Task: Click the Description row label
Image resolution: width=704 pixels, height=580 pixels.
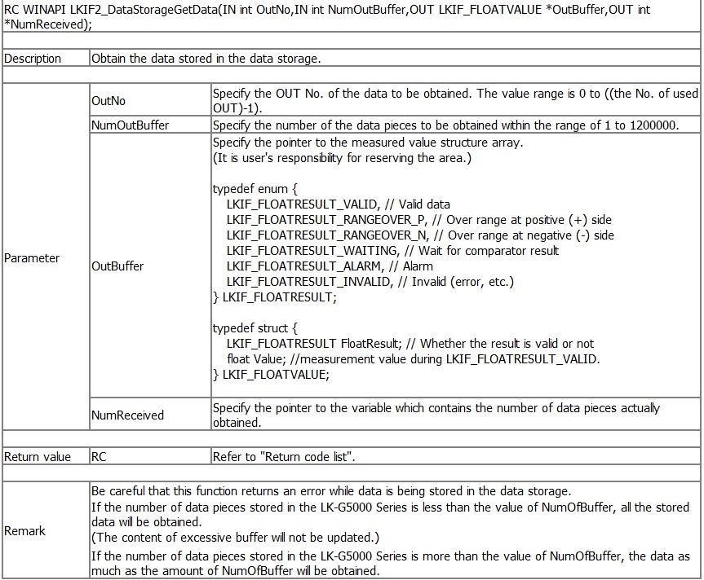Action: coord(33,59)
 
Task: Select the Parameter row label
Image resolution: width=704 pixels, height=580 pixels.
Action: coord(32,258)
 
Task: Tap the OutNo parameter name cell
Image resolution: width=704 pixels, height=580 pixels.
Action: coord(108,101)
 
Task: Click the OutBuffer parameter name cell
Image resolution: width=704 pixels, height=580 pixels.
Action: coord(117,266)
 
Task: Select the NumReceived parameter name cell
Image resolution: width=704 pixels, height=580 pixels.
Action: coord(127,415)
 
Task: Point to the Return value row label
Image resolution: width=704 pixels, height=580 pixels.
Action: coord(37,457)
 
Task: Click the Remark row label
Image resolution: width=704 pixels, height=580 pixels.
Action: coord(24,530)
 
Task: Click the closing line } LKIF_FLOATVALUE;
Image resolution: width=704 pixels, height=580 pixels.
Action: coord(271,375)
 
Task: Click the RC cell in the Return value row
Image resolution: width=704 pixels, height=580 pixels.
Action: coord(99,457)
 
